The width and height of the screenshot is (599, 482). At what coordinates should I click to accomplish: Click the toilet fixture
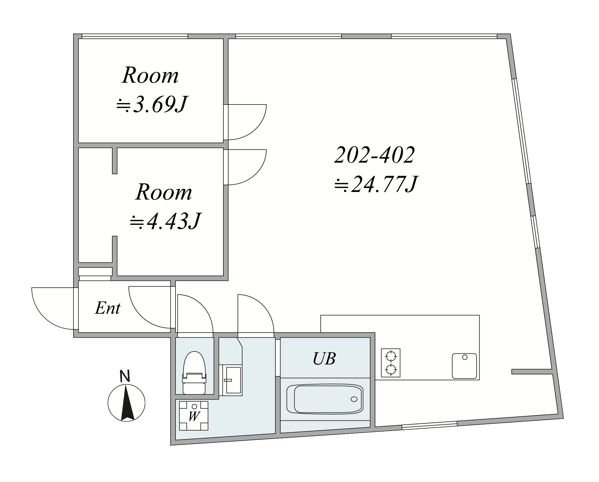194,373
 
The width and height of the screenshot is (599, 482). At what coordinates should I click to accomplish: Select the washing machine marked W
194,416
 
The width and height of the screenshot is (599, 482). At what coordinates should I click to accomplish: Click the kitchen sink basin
464,366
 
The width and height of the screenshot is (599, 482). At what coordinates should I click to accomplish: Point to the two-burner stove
391,363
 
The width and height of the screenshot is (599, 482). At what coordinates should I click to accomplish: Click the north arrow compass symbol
126,403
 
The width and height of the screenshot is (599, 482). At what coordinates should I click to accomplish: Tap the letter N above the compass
125,376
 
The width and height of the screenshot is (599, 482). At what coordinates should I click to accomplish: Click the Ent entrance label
108,308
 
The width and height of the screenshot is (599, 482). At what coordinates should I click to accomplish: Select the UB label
324,358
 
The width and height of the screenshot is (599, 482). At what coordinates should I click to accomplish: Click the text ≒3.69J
152,104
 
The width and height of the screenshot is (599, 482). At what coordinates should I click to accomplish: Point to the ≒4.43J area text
165,221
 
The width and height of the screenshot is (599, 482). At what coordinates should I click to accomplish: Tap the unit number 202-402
374,155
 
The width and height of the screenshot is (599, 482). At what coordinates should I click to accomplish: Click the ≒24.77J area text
376,184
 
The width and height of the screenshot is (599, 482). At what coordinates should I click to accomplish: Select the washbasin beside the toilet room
231,380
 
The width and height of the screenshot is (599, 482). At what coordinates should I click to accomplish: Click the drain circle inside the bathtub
354,399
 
